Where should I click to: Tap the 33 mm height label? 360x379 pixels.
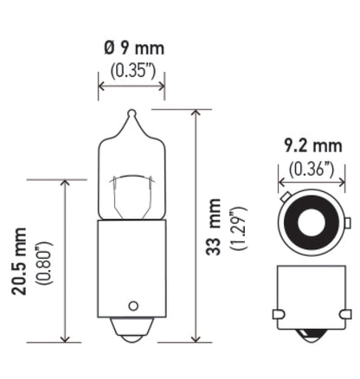coord(215,227)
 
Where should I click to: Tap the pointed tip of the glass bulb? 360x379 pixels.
coord(132,112)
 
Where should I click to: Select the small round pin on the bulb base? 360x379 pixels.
coord(132,305)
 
